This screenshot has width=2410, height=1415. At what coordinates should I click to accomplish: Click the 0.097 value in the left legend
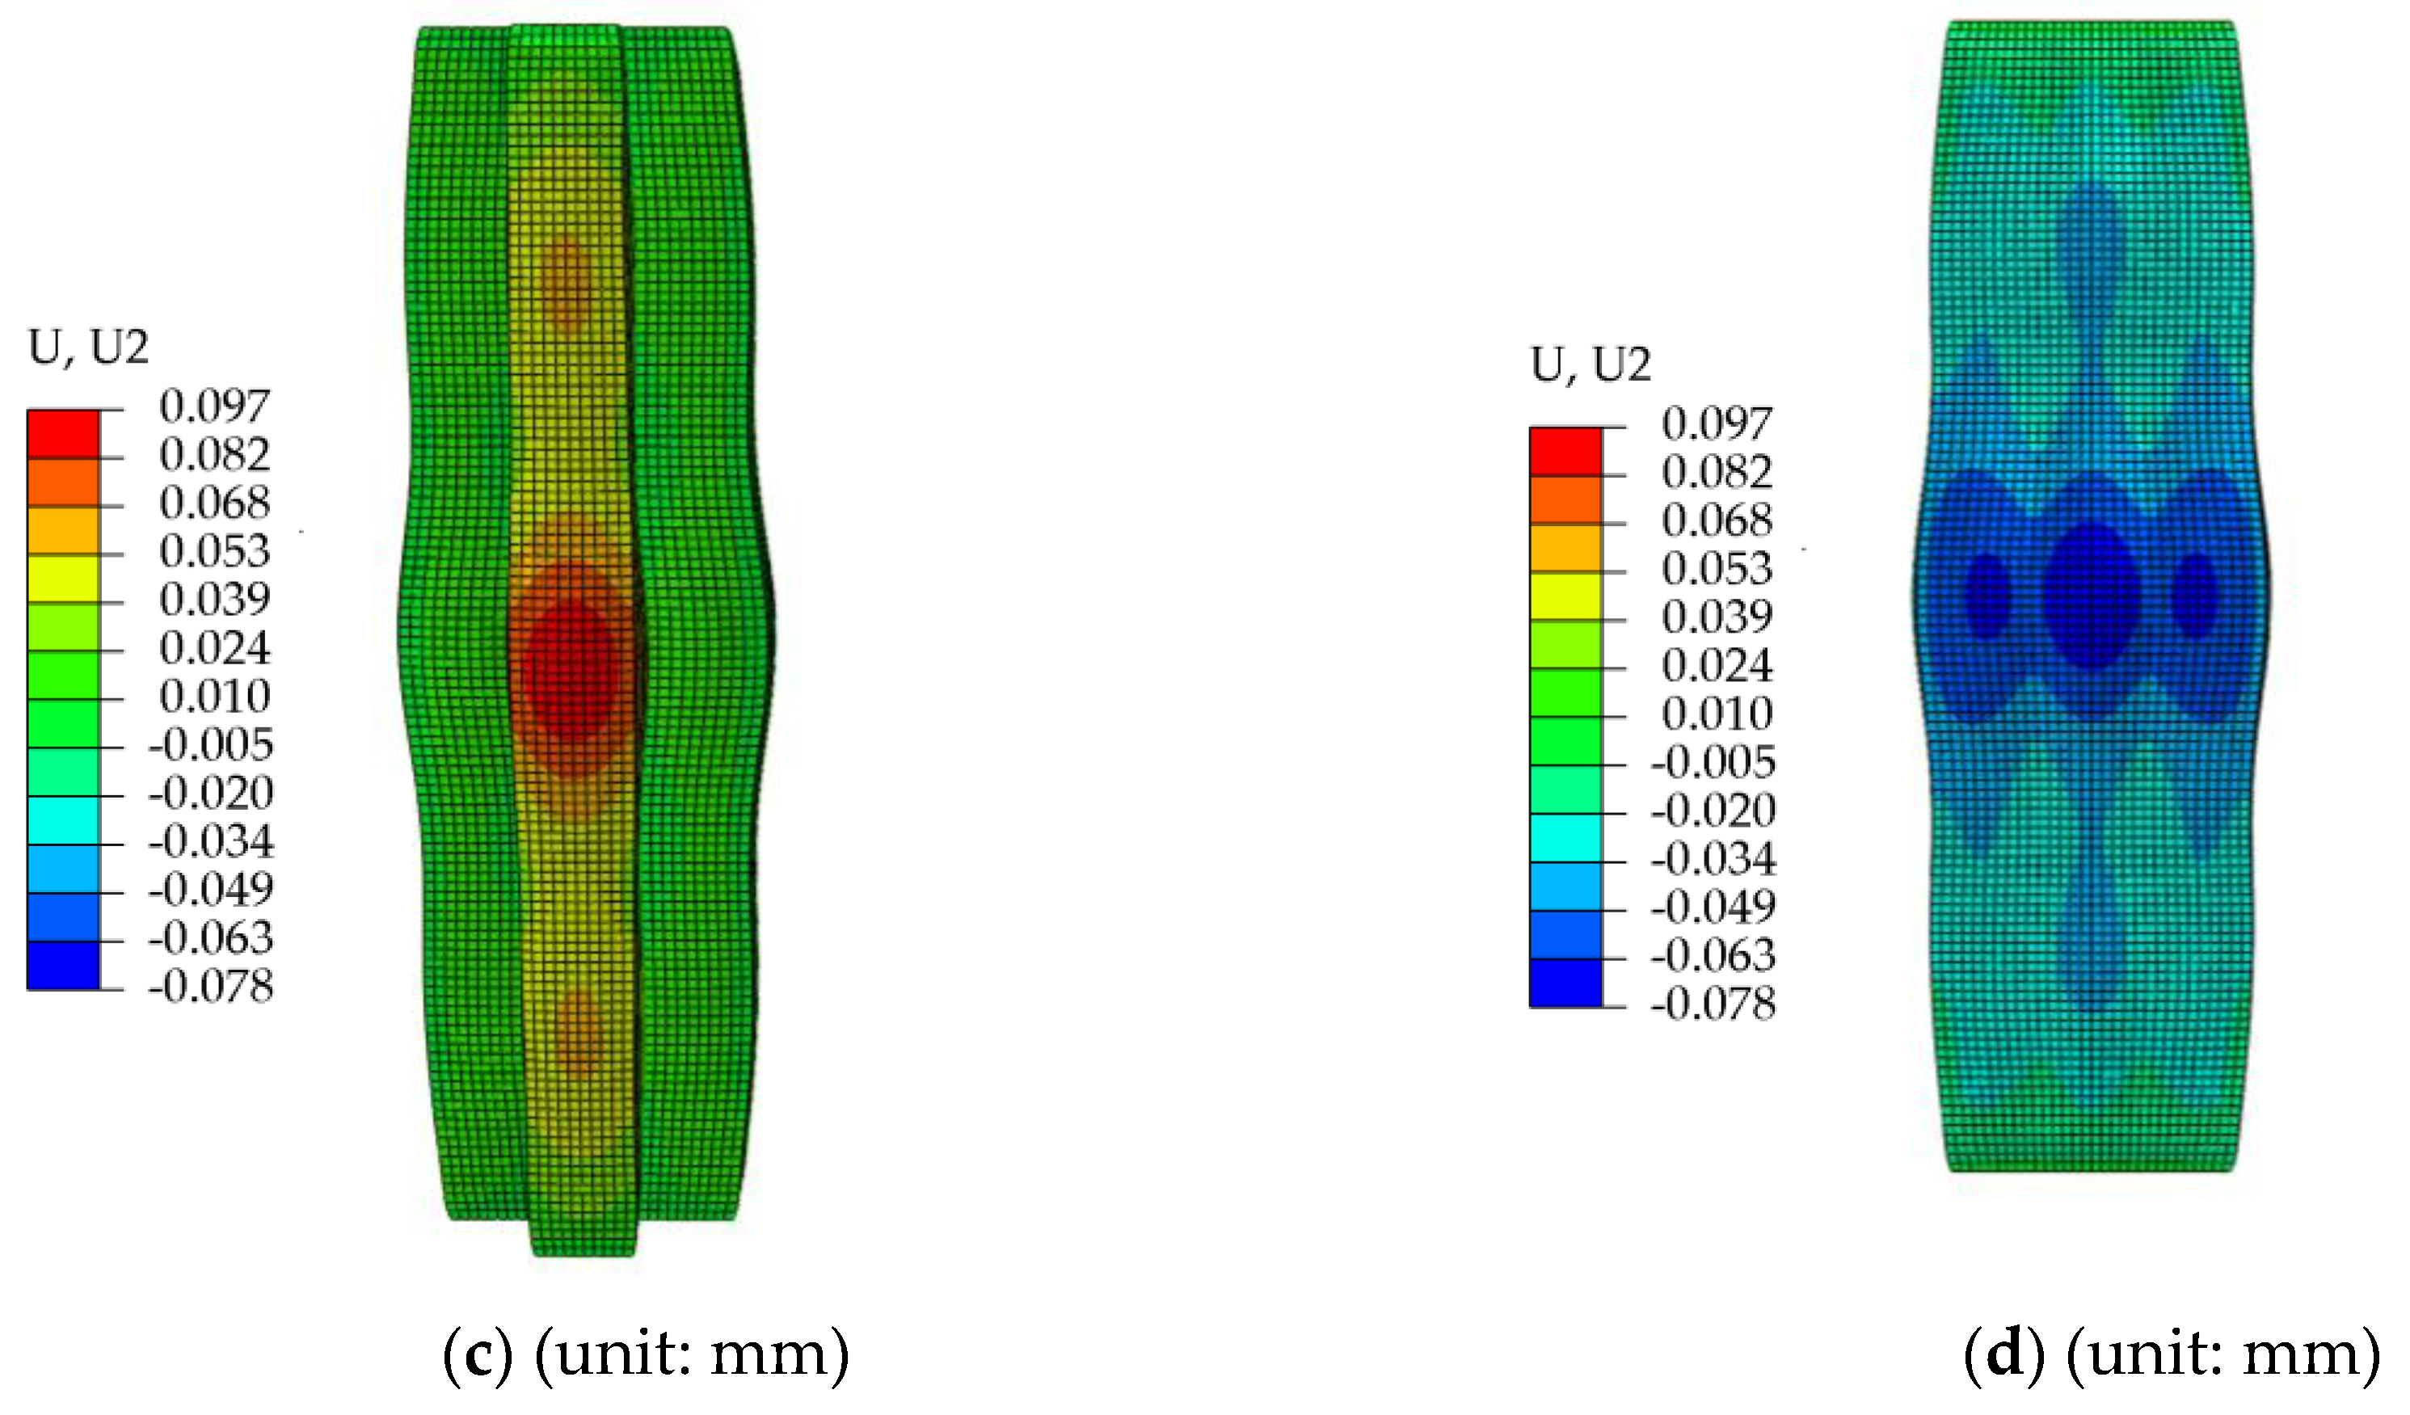point(214,406)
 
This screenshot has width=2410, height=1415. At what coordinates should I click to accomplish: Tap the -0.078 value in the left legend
point(210,986)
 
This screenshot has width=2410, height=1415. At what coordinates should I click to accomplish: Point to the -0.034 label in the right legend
point(1713,857)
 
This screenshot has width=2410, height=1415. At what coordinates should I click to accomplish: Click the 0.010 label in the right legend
point(1717,714)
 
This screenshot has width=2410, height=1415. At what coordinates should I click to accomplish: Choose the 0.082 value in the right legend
point(1717,471)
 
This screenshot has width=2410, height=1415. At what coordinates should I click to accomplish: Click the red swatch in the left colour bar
point(63,434)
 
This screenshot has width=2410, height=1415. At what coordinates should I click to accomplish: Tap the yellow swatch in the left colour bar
point(63,579)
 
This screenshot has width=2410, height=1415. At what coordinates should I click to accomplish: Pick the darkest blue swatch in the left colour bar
point(63,965)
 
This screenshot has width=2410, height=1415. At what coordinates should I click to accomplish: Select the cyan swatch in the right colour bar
point(1565,837)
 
